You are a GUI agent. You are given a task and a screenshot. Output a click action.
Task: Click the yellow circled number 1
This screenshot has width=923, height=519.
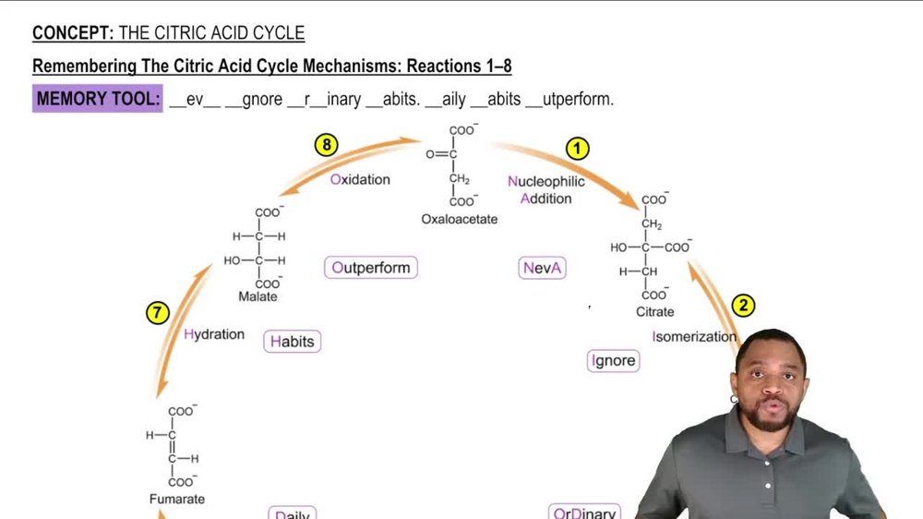tap(577, 148)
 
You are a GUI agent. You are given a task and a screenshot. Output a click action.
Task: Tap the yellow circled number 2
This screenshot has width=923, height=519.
tap(743, 306)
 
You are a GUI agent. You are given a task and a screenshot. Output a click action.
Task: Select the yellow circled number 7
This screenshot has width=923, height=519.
tap(158, 312)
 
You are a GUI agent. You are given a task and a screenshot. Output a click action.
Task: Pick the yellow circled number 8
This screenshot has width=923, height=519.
tap(326, 144)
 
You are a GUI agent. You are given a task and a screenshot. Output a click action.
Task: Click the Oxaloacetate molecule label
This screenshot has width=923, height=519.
tap(460, 220)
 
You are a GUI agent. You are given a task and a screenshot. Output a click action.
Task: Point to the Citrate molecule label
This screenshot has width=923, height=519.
tap(654, 312)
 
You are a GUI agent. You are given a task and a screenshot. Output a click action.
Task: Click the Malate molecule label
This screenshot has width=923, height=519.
tap(258, 296)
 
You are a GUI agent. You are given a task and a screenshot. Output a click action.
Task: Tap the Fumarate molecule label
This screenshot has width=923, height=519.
tap(177, 499)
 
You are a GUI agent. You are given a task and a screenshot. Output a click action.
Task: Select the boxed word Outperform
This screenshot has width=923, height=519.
tap(371, 268)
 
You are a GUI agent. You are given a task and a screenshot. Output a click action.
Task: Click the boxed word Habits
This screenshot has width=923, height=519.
tap(292, 342)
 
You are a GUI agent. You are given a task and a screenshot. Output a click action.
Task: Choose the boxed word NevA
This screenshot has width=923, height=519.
tap(542, 269)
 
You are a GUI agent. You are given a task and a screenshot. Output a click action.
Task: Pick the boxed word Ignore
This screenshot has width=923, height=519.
tap(614, 361)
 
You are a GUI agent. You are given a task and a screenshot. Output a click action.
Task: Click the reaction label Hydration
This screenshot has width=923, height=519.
tap(214, 334)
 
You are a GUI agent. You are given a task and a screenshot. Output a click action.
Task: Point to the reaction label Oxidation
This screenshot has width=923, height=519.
tap(360, 179)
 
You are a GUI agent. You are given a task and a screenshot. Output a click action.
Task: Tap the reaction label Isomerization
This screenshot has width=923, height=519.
tap(694, 337)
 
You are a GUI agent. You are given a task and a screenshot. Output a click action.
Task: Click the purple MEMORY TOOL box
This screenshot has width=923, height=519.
tap(98, 99)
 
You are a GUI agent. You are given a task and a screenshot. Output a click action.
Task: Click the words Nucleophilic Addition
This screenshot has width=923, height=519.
tap(545, 190)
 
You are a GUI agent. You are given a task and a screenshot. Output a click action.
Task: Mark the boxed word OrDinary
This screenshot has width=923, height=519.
tap(584, 513)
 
